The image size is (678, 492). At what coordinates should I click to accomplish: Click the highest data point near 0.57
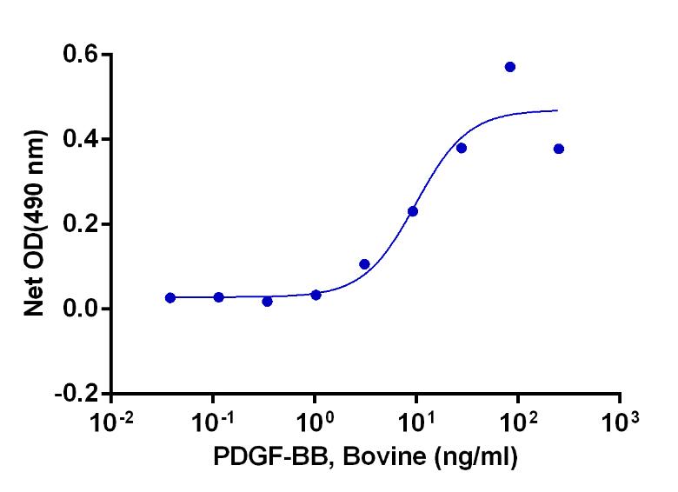tap(510, 67)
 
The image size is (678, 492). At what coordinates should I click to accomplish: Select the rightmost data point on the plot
tap(558, 149)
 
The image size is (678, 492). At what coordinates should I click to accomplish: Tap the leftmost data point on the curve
tap(170, 297)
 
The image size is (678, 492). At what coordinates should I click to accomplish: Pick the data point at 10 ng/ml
tap(413, 211)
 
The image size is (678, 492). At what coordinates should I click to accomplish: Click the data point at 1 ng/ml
tap(316, 295)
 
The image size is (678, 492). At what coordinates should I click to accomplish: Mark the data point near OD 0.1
tap(364, 264)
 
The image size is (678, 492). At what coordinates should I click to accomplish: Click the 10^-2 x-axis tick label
tap(112, 425)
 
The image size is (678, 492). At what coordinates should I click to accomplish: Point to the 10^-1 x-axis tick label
tap(214, 425)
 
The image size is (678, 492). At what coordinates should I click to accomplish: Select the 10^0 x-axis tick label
tap(315, 425)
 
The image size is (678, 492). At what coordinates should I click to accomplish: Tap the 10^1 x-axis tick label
tap(415, 425)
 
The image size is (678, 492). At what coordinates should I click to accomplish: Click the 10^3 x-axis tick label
tap(619, 425)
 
